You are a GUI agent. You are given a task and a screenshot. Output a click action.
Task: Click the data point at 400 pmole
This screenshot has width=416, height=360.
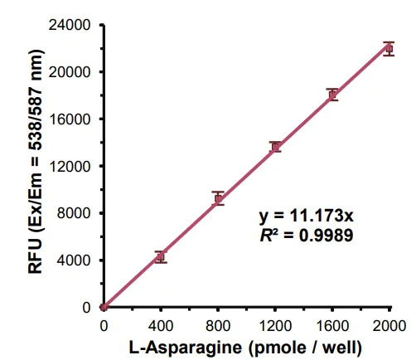[161, 257]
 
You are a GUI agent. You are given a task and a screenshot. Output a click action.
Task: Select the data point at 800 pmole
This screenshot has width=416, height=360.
[218, 199]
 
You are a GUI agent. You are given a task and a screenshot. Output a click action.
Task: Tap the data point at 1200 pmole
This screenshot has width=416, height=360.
[275, 147]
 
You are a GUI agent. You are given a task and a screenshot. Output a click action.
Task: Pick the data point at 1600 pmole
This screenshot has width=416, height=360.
[332, 95]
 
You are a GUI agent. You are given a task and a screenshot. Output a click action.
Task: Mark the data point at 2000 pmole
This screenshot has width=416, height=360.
[389, 48]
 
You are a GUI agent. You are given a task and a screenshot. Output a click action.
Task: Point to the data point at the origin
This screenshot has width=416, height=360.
[104, 307]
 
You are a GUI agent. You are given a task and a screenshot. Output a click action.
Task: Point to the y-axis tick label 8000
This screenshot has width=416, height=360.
[75, 213]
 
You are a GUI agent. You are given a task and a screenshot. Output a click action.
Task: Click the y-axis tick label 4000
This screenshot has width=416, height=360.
[75, 260]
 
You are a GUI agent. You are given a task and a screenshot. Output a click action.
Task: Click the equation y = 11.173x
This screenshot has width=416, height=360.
[306, 216]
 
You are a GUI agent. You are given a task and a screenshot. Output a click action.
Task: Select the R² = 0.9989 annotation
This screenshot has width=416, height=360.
[306, 235]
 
